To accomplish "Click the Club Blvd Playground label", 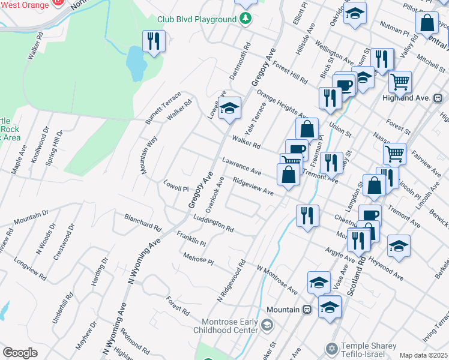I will pyautogui.click(x=197, y=19).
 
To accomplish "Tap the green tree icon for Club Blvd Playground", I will pyautogui.click(x=245, y=19).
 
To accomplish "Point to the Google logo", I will pyautogui.click(x=20, y=353).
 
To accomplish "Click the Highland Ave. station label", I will pyautogui.click(x=407, y=98).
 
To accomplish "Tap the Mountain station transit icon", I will pyautogui.click(x=307, y=309).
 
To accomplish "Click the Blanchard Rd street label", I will pyautogui.click(x=143, y=222).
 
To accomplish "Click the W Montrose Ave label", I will pyautogui.click(x=277, y=280).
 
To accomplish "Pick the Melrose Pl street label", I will pyautogui.click(x=199, y=258).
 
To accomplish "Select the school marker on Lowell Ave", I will pyautogui.click(x=229, y=109).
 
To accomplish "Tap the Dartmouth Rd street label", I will pyautogui.click(x=240, y=62).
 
